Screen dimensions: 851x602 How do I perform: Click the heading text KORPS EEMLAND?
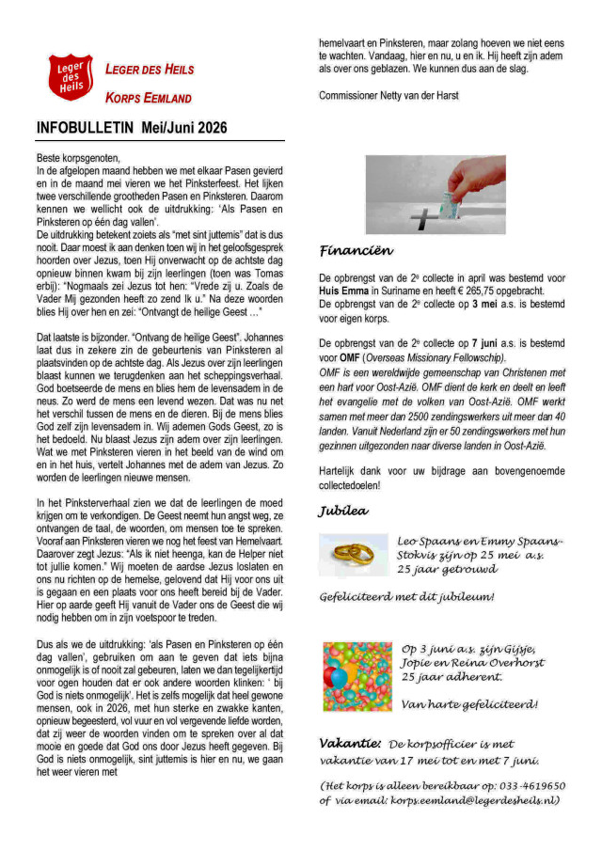tap(148, 98)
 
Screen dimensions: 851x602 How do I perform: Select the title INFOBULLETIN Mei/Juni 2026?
tap(132, 128)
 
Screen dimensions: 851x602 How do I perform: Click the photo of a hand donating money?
tap(435, 195)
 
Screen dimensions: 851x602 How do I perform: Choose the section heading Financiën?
tap(356, 251)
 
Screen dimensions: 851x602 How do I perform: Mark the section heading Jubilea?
tap(344, 512)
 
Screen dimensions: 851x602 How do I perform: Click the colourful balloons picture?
tap(356, 676)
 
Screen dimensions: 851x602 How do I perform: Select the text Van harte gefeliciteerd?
tap(468, 703)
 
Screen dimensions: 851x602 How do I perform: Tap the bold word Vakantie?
tap(350, 743)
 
